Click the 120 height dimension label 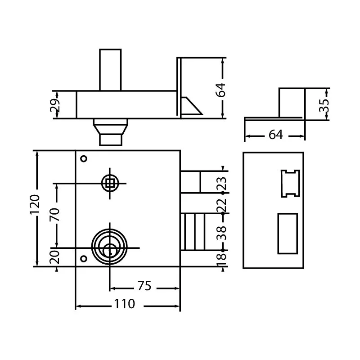(35, 204)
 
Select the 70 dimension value (54, 215)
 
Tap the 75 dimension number (144, 286)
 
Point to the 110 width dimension (124, 304)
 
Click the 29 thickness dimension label (55, 105)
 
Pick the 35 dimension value (324, 105)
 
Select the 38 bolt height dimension (221, 233)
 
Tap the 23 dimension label (221, 184)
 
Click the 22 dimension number (221, 205)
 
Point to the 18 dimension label (221, 260)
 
